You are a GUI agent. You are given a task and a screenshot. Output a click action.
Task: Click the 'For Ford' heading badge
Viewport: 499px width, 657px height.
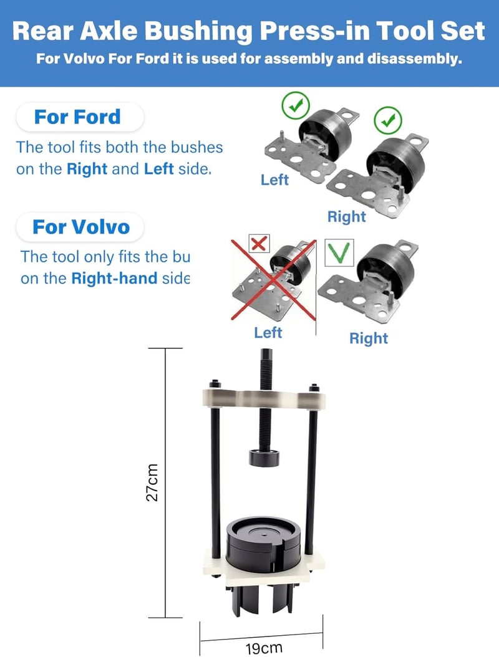tap(80, 117)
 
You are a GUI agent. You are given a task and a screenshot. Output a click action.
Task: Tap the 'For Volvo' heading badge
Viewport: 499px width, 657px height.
tap(80, 227)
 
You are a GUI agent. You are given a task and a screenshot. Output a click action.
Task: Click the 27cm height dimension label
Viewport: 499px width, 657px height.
tap(152, 482)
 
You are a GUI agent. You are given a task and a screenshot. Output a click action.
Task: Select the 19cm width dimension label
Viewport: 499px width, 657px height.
tap(264, 648)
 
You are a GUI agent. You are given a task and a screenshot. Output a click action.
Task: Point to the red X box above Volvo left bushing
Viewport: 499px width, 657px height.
tap(259, 243)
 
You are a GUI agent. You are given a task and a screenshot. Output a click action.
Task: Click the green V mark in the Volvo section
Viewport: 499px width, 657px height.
tap(339, 252)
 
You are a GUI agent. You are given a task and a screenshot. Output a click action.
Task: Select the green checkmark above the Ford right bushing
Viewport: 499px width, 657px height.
tap(387, 120)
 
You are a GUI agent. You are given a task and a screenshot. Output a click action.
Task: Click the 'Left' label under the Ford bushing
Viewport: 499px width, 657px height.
tap(274, 180)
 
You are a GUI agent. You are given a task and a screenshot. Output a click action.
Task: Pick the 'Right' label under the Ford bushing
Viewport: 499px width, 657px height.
tap(346, 217)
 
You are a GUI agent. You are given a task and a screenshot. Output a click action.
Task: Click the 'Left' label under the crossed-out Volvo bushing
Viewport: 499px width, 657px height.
tap(268, 333)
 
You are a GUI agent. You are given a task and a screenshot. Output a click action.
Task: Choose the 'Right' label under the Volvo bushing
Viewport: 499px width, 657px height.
tap(369, 338)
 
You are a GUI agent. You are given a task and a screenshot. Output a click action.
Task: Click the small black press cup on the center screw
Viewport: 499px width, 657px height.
tap(264, 458)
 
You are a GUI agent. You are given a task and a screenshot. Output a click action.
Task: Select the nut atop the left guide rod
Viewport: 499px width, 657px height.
tap(215, 383)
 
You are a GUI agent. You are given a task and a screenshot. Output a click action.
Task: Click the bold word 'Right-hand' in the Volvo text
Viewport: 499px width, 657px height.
tap(114, 278)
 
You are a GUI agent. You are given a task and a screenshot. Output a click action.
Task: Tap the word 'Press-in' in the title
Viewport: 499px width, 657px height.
tap(316, 31)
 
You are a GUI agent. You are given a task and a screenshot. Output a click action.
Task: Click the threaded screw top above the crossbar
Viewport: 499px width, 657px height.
tap(266, 369)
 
